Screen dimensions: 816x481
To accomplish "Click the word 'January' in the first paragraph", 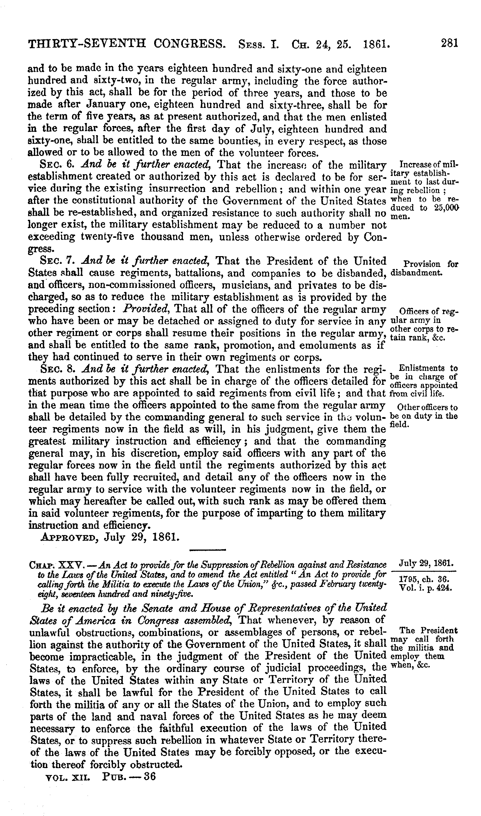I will click(109, 105).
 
